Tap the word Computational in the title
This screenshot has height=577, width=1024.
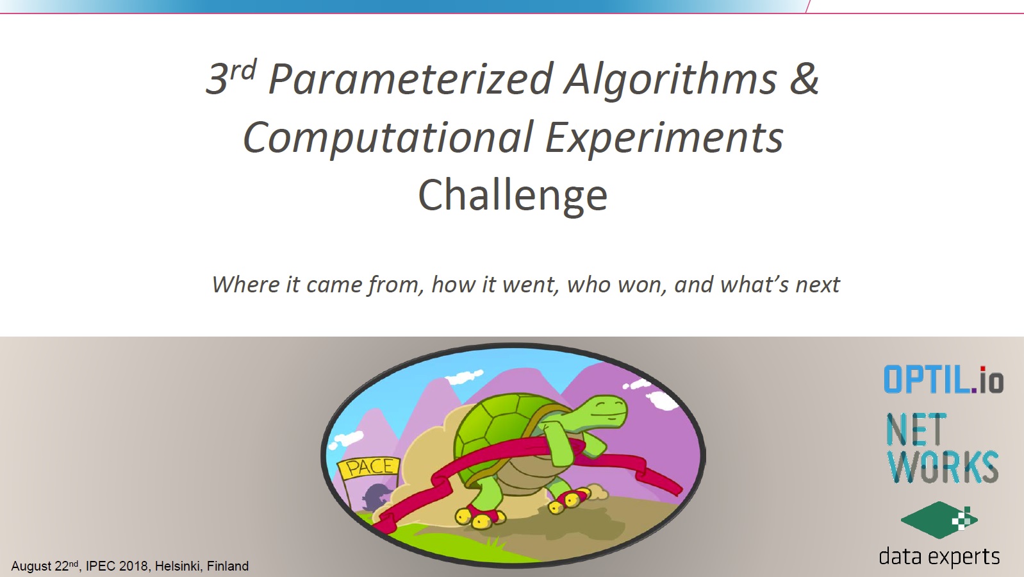pyautogui.click(x=388, y=138)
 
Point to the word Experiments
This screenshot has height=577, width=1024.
pyautogui.click(x=665, y=138)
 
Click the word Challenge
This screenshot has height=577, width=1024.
pyautogui.click(x=513, y=196)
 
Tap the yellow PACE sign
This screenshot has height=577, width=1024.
pyautogui.click(x=369, y=467)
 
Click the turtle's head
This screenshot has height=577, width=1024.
pyautogui.click(x=602, y=412)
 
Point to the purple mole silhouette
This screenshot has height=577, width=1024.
pyautogui.click(x=376, y=497)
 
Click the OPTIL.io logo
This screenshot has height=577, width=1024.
pyautogui.click(x=943, y=380)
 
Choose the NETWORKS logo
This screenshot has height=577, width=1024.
pyautogui.click(x=942, y=448)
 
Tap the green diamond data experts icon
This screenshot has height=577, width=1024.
pyautogui.click(x=939, y=520)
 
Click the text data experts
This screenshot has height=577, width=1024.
pyautogui.click(x=939, y=557)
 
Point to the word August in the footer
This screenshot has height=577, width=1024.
pyautogui.click(x=31, y=567)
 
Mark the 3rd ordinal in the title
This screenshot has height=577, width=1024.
pyautogui.click(x=231, y=78)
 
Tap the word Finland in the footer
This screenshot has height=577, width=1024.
pyautogui.click(x=227, y=566)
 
